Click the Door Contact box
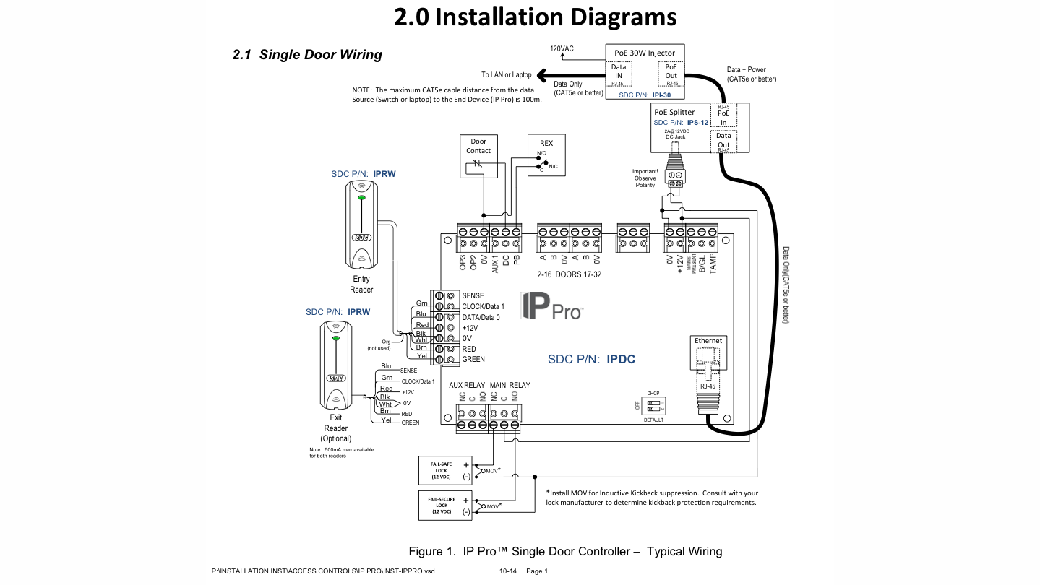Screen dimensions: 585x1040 (x=478, y=156)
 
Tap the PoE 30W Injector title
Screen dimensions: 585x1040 (x=644, y=53)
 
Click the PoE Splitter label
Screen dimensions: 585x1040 (x=674, y=112)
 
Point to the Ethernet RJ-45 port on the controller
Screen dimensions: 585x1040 (x=708, y=365)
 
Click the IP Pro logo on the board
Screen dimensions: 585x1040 (x=551, y=308)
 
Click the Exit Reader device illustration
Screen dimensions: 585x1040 (x=335, y=366)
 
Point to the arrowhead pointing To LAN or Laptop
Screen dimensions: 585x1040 (x=542, y=74)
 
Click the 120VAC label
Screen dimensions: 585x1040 (x=562, y=49)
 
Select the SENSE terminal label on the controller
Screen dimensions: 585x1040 (x=473, y=296)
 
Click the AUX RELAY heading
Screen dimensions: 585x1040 (x=467, y=385)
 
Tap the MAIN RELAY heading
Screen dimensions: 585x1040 (x=510, y=385)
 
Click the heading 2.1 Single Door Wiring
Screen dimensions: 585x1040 (x=307, y=55)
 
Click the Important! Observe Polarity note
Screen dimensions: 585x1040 (x=645, y=178)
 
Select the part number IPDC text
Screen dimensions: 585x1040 (x=621, y=359)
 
